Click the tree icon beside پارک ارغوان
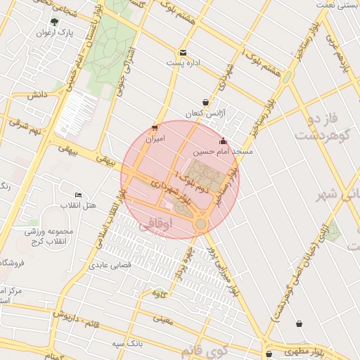(x=55, y=22)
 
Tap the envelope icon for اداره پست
(x=183, y=53)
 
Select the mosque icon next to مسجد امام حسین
(x=224, y=141)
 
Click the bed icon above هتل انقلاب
(x=78, y=195)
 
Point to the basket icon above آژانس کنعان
(x=205, y=102)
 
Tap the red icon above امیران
(x=155, y=128)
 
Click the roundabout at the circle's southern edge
(x=201, y=224)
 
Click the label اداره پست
(x=184, y=63)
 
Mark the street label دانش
(x=37, y=94)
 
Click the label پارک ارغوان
(x=56, y=32)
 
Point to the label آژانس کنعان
(x=203, y=113)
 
